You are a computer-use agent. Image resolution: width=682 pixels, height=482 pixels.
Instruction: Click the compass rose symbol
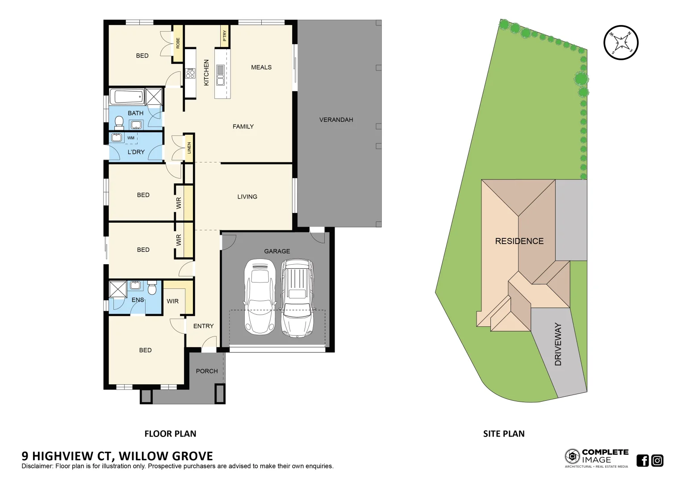(x=621, y=42)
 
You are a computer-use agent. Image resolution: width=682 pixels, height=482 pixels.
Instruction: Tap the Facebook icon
(x=642, y=460)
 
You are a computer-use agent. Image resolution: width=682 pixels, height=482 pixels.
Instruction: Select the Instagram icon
(x=657, y=460)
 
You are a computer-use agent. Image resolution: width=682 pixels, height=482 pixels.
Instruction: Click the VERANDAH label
(x=336, y=120)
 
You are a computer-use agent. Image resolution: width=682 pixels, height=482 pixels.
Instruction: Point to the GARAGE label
(x=277, y=251)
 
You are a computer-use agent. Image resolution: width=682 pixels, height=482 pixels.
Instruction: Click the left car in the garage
(x=259, y=297)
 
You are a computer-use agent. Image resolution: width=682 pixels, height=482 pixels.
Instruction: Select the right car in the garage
(x=297, y=298)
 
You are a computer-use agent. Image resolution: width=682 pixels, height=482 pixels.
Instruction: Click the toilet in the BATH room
(x=119, y=122)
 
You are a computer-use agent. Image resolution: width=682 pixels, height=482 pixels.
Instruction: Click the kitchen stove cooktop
(x=190, y=73)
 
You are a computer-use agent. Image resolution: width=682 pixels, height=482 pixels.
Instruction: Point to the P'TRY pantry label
(x=225, y=36)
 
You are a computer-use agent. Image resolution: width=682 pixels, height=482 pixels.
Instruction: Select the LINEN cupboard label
(x=189, y=148)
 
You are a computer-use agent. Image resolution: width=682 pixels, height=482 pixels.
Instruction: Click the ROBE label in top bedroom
(x=178, y=43)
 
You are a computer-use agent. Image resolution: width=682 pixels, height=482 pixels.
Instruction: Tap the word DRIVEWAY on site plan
(x=558, y=344)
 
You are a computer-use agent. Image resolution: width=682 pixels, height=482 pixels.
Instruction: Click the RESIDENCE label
(x=519, y=241)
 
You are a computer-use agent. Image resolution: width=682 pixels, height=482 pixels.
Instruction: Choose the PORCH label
(x=207, y=371)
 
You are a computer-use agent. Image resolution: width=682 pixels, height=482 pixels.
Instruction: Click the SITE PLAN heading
(x=503, y=434)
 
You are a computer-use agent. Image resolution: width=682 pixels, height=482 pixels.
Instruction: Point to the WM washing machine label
(x=131, y=138)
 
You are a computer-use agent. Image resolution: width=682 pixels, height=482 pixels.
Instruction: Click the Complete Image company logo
(x=596, y=458)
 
